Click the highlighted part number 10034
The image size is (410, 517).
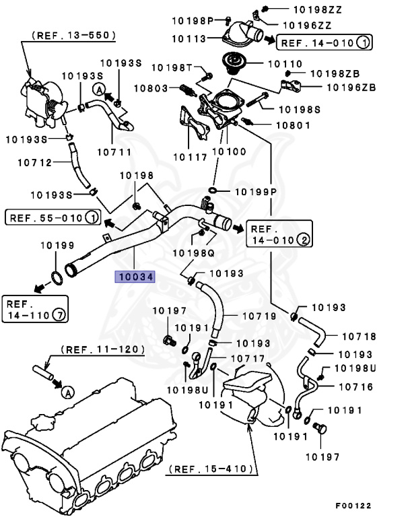point(135,277)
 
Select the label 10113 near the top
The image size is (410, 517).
point(191,39)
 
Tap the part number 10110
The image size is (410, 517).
point(287,63)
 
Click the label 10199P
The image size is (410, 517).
point(257,192)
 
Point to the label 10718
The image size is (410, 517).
point(359,335)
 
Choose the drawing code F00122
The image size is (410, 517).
point(353,505)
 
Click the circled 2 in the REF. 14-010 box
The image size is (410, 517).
point(304,239)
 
